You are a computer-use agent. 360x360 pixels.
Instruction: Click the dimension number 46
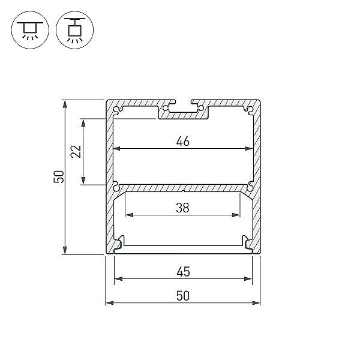[183, 141]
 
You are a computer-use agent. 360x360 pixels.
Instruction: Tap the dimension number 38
[182, 208]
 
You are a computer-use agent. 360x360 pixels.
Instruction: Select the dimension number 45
[183, 272]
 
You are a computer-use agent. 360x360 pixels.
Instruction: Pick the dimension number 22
[76, 152]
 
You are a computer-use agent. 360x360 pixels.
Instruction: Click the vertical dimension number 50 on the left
[59, 177]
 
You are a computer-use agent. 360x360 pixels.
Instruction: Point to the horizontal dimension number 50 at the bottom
[183, 296]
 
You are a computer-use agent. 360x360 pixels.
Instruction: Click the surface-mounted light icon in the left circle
[30, 30]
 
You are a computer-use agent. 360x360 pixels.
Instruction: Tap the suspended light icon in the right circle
[74, 30]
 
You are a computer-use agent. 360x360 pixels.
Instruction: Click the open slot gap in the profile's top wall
[183, 102]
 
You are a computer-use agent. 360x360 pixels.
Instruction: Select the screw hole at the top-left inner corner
[118, 110]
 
